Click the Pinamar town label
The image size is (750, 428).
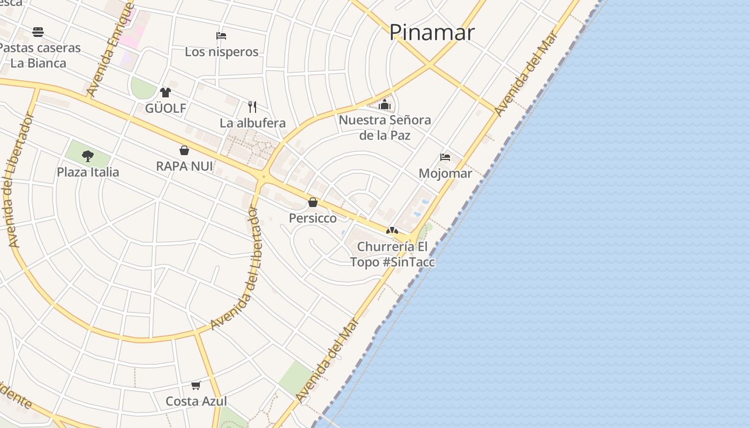pos(432,32)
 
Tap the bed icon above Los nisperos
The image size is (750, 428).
pos(221,36)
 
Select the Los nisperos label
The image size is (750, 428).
pos(222,52)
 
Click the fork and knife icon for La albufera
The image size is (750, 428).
pos(252,106)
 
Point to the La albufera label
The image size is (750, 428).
pos(253,123)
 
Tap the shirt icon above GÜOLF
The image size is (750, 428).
pos(166,93)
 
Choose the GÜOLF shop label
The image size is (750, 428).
pos(166,109)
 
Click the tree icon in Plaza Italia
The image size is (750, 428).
pos(88,156)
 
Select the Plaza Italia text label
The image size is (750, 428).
pos(88,172)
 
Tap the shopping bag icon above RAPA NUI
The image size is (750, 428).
pos(184,150)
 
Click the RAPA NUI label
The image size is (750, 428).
pos(184,166)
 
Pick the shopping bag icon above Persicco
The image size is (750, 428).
pos(313,202)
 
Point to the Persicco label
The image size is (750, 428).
pos(313,218)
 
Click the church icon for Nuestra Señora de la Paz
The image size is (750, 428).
pos(385,104)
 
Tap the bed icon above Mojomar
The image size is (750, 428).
pos(445,157)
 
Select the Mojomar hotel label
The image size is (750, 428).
pos(445,173)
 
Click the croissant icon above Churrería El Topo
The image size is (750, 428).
pos(392,231)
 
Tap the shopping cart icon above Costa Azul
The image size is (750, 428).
pos(196,385)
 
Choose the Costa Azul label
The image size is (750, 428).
pos(196,401)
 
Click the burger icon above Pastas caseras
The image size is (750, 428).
pos(38,32)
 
